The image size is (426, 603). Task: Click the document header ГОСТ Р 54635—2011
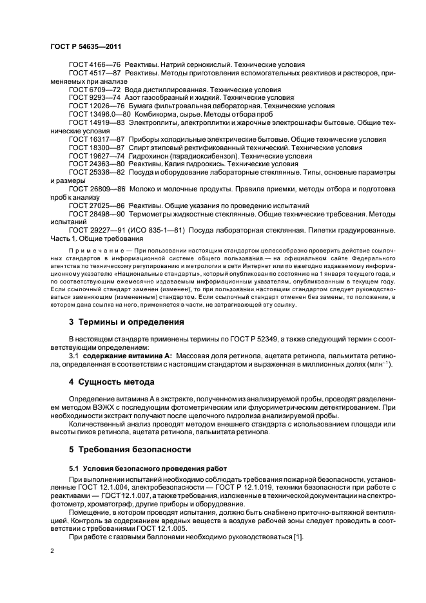pyautogui.click(x=86, y=48)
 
